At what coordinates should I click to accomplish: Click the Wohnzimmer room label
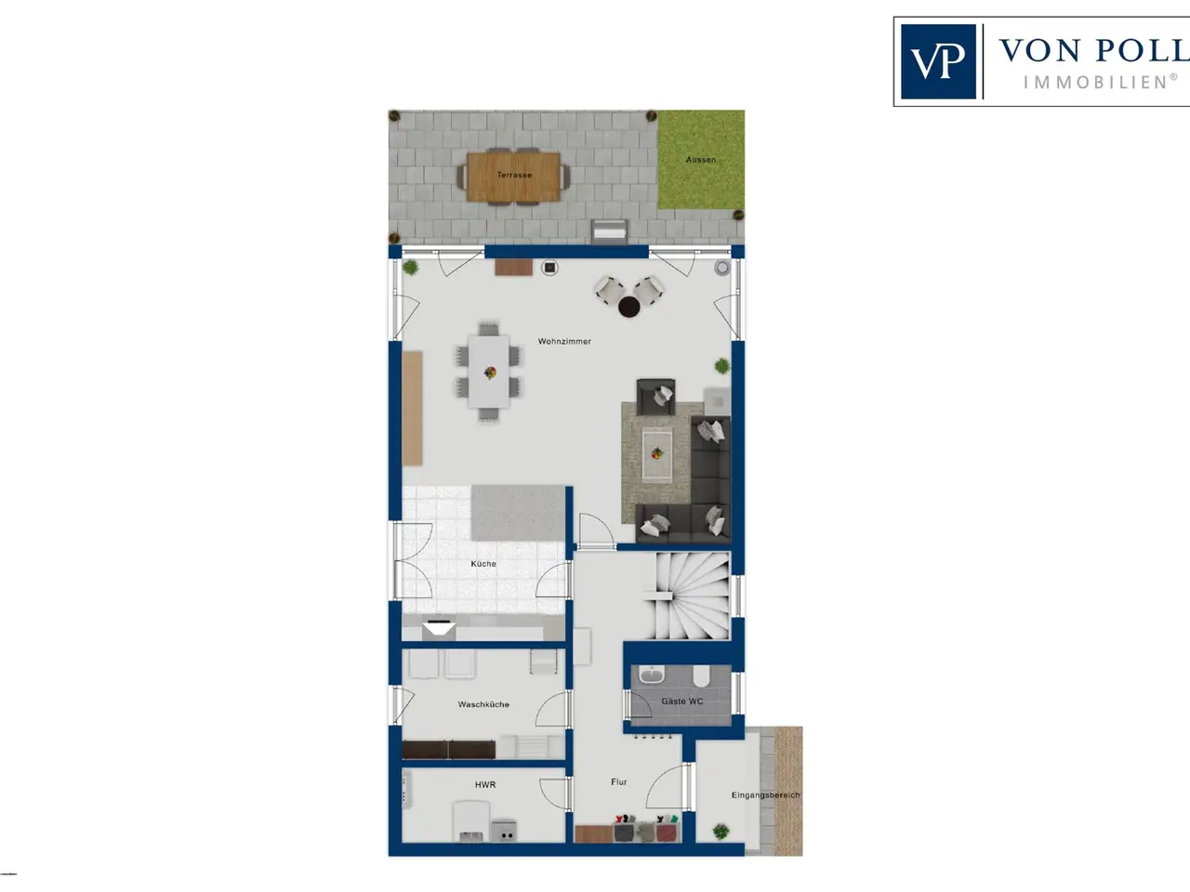coord(564,341)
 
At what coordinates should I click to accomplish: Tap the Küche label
coord(483,564)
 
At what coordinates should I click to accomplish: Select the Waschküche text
coord(483,704)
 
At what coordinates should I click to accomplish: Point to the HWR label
coord(485,784)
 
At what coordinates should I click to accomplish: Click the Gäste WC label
coord(682,701)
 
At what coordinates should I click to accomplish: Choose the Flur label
coord(618,781)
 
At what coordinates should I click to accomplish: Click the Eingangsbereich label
coord(765,795)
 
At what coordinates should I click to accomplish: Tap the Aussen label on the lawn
coord(700,160)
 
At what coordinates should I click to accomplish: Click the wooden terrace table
coord(513,177)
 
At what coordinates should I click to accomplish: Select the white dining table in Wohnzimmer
coord(489,372)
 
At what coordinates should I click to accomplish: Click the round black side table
coord(628,307)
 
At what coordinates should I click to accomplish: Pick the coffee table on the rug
coord(657,453)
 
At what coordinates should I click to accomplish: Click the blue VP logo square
coord(938,61)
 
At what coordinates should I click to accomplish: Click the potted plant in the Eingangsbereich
coord(721,831)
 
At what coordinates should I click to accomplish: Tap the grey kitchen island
coord(518,513)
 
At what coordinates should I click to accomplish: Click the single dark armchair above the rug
coord(656,397)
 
